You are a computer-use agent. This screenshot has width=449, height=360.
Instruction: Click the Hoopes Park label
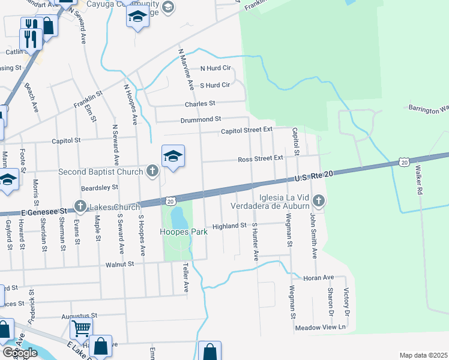(183, 232)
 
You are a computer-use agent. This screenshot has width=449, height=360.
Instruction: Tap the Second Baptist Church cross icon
(152, 172)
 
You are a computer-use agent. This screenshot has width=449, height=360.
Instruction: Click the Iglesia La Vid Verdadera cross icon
(319, 201)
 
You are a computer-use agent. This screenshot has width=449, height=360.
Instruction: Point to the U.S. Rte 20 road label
(313, 176)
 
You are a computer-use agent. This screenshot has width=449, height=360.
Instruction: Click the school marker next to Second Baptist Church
(173, 157)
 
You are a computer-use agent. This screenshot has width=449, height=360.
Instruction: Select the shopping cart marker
(82, 328)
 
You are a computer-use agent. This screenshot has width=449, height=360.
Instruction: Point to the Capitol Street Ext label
(247, 130)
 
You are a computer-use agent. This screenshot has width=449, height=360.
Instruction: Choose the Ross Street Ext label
(260, 159)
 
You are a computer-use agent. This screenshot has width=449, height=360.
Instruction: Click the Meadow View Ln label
(321, 328)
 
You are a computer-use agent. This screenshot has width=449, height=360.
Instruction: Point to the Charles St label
(200, 104)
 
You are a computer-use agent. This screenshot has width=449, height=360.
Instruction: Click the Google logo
(20, 353)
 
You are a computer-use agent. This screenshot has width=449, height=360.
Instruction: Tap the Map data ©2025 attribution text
(423, 355)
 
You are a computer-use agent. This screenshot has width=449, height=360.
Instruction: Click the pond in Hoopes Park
(178, 215)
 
